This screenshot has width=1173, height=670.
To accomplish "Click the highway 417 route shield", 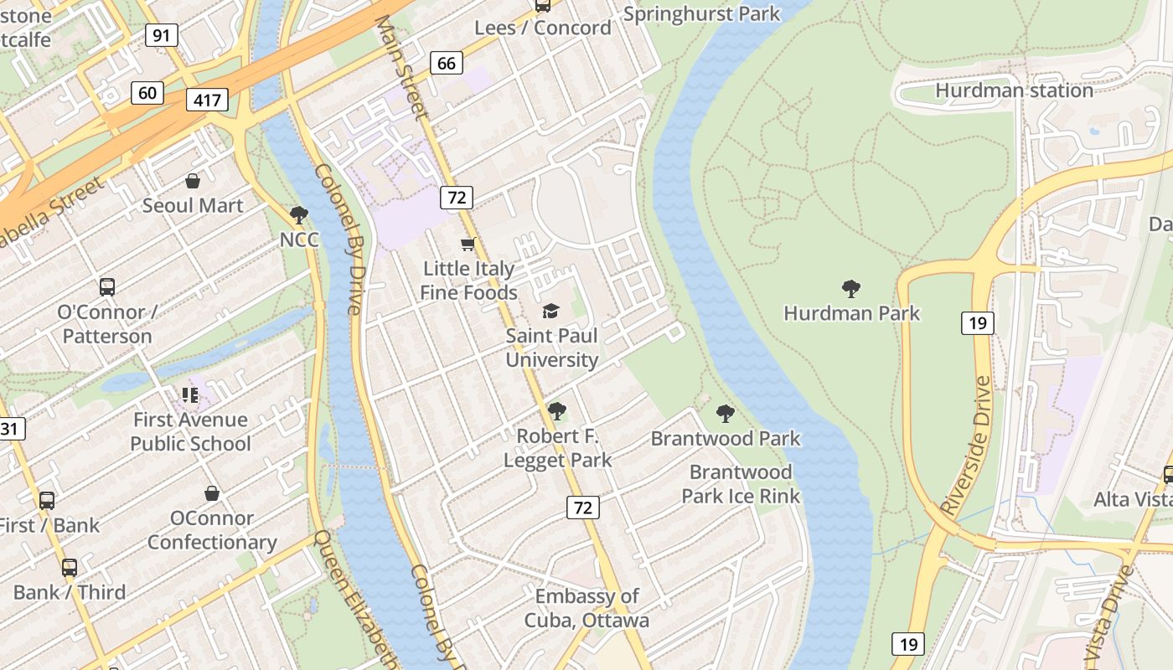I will pyautogui.click(x=207, y=101).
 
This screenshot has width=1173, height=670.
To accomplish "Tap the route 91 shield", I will pyautogui.click(x=161, y=35).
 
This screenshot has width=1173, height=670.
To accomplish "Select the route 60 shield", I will pyautogui.click(x=147, y=92).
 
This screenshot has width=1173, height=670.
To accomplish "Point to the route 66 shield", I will pyautogui.click(x=447, y=63).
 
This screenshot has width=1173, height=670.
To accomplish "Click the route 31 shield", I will pyautogui.click(x=10, y=430).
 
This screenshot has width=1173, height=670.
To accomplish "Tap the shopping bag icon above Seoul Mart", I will pyautogui.click(x=193, y=181).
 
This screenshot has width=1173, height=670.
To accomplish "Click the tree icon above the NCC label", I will pyautogui.click(x=298, y=215).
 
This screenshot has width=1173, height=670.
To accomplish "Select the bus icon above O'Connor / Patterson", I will pyautogui.click(x=106, y=286).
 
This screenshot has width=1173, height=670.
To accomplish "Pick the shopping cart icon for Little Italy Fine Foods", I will pyautogui.click(x=468, y=244).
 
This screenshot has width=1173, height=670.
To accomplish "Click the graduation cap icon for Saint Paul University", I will pyautogui.click(x=550, y=312).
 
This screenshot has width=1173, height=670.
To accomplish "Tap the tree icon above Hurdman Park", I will pyautogui.click(x=851, y=289).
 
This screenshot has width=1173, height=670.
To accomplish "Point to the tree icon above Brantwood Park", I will pyautogui.click(x=726, y=414).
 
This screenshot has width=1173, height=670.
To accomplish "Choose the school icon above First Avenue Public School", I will pyautogui.click(x=190, y=394).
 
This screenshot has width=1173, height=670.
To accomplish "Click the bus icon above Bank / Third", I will pyautogui.click(x=69, y=567).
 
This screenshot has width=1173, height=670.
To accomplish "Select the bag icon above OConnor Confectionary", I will pyautogui.click(x=212, y=493).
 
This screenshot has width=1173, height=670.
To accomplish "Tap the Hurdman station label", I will pyautogui.click(x=1014, y=90).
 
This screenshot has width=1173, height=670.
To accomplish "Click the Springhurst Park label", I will pyautogui.click(x=701, y=14).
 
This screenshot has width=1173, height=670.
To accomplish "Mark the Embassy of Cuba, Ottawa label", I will pyautogui.click(x=586, y=608).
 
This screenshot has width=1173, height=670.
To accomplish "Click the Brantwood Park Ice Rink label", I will pyautogui.click(x=741, y=484).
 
